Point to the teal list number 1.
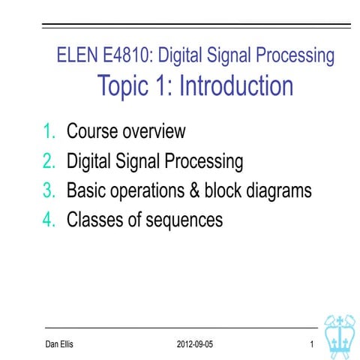click(x=49, y=131)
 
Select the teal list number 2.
click(x=49, y=160)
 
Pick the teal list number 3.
click(x=49, y=190)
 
